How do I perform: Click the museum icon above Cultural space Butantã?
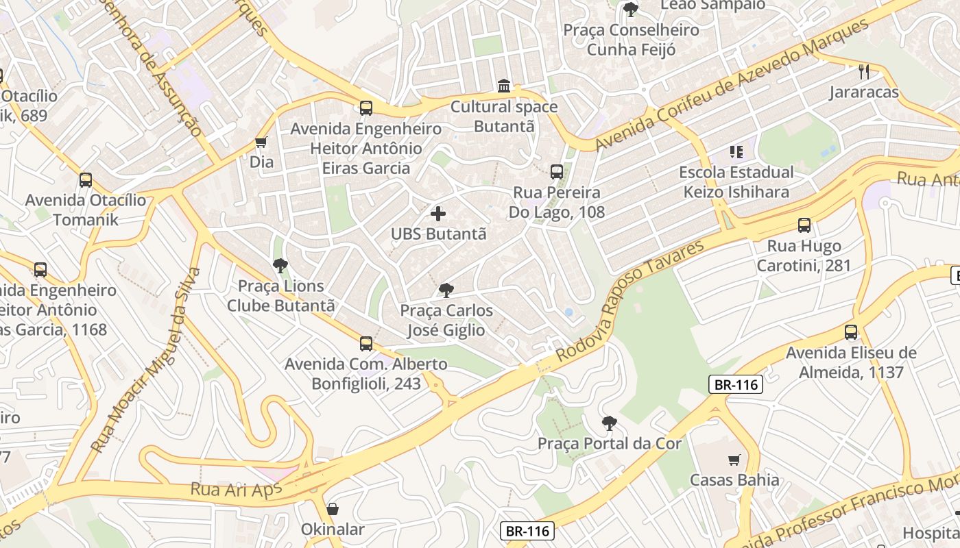(x=504, y=86)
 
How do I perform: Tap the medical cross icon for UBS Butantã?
(x=438, y=214)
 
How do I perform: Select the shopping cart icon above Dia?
(x=261, y=142)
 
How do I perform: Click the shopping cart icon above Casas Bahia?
(x=734, y=460)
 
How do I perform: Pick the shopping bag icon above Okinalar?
(x=333, y=509)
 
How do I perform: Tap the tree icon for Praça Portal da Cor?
(x=609, y=423)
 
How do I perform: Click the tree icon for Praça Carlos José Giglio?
(x=446, y=290)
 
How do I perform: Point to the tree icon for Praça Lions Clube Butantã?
(x=280, y=266)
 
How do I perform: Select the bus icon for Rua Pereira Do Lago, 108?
(x=557, y=172)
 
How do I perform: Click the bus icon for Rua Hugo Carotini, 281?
(x=804, y=225)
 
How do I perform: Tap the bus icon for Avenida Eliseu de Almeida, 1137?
(x=851, y=333)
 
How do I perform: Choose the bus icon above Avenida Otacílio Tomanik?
(x=86, y=180)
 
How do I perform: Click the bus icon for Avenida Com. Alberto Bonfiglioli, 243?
(x=366, y=344)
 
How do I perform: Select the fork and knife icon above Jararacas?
(x=864, y=71)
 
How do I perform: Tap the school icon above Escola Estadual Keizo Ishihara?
(x=736, y=152)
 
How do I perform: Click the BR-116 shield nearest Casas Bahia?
(x=735, y=385)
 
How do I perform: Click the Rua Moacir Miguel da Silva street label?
(x=146, y=360)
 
